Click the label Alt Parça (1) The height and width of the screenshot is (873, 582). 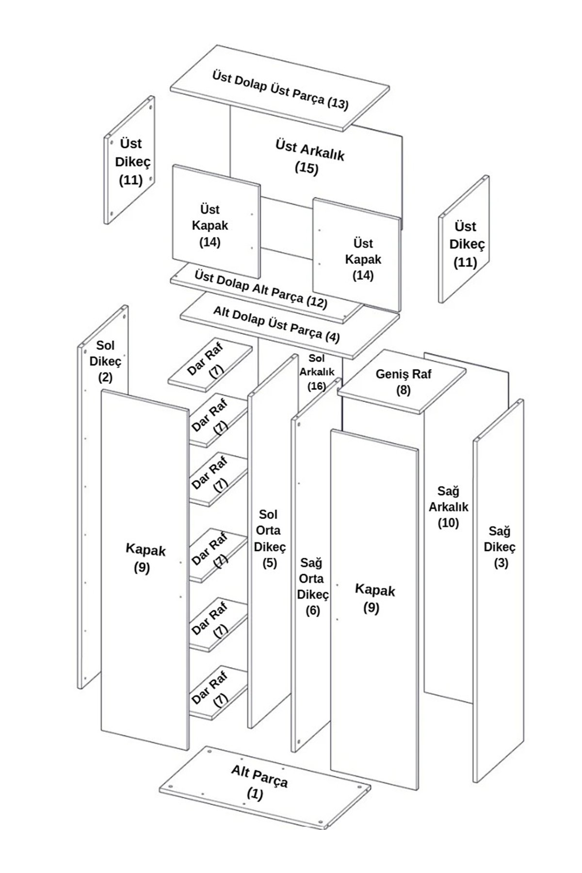point(259,781)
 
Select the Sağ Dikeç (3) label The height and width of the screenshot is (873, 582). point(499,547)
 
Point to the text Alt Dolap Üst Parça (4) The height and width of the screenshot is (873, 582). point(276,324)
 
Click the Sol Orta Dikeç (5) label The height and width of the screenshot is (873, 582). point(269,538)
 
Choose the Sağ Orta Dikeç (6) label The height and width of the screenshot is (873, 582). point(313,587)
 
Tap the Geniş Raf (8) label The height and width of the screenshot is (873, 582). point(404,382)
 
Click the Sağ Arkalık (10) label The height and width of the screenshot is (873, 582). point(448,507)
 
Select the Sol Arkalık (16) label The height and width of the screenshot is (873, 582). point(317,372)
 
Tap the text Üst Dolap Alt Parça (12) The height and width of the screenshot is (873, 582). point(261,289)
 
